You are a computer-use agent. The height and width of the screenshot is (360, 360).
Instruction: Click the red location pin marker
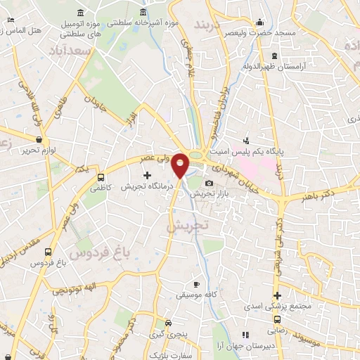click(x=181, y=165)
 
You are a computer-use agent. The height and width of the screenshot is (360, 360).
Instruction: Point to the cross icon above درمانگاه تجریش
click(x=147, y=174)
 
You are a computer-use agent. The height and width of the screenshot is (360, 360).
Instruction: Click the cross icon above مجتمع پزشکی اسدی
click(x=278, y=295)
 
